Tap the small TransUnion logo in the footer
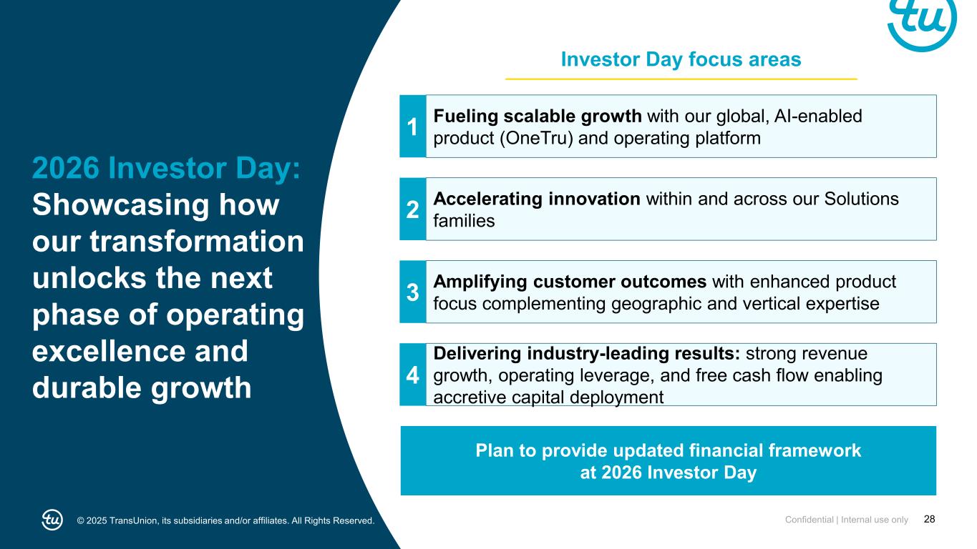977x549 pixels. coord(52,520)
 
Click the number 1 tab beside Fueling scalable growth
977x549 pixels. coord(412,127)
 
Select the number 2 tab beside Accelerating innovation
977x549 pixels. coord(412,209)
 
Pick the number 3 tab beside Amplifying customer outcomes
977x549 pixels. coord(412,292)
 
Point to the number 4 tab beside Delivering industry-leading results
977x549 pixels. coord(412,375)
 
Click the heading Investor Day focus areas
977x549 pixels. coord(681,59)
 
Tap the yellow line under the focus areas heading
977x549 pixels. coord(681,79)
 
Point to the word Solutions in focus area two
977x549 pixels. coord(862,199)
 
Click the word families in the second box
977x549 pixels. coord(464,221)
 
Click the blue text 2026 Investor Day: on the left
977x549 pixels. coord(167,168)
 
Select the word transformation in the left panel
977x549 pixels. coord(197,242)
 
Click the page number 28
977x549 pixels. coord(930,520)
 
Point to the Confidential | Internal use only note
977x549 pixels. coord(847,520)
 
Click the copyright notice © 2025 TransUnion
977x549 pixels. coord(226,520)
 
